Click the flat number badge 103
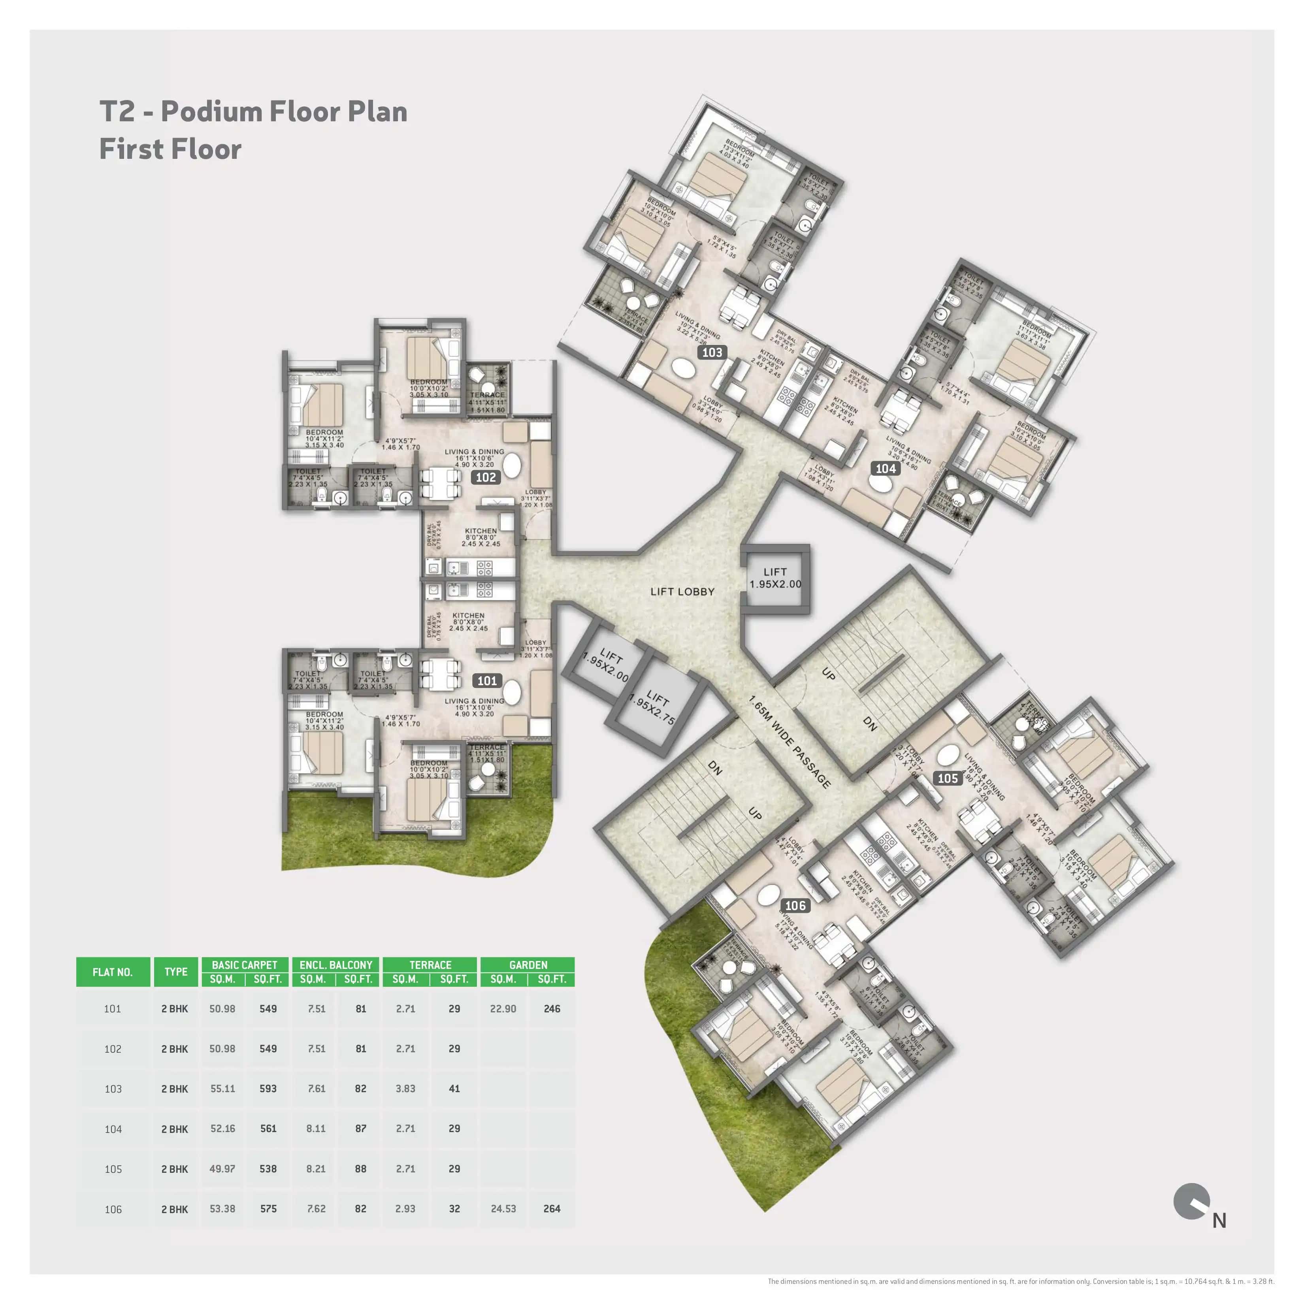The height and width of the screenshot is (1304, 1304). (712, 352)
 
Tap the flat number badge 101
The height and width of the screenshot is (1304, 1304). (487, 680)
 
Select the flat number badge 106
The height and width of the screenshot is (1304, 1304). (795, 906)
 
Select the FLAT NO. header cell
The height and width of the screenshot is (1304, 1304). (113, 972)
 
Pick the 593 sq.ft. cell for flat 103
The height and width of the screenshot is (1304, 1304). (268, 1089)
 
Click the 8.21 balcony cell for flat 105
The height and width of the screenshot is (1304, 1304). (316, 1169)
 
